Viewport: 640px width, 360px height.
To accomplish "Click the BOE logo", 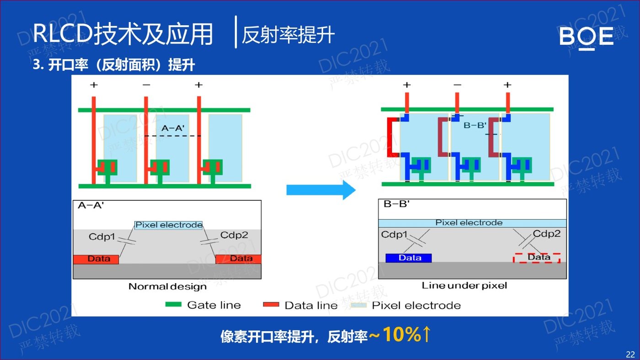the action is tap(586, 37).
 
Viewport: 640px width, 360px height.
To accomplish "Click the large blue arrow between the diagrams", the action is tap(321, 190).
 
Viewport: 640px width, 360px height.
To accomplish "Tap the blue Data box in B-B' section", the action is tap(409, 258).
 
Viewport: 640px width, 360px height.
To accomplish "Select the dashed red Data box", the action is tap(537, 258).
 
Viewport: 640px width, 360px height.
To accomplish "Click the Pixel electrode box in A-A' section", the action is tap(169, 225).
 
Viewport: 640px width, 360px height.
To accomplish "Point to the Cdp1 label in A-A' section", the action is tap(101, 236).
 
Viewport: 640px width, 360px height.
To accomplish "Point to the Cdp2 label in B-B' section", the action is tap(547, 234).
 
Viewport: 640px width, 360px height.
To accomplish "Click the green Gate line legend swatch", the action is tap(173, 305).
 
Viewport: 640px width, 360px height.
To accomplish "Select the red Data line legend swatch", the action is tap(271, 305).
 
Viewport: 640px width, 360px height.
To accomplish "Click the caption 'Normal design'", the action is tap(167, 286).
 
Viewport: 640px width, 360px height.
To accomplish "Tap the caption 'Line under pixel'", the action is tap(464, 285).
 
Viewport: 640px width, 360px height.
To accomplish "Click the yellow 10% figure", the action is tap(401, 334).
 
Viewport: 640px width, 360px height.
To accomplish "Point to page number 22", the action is tap(630, 354).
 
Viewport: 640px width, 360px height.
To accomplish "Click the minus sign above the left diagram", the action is tap(146, 85).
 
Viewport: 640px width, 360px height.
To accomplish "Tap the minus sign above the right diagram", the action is tap(457, 85).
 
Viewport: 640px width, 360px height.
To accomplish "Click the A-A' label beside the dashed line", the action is tap(173, 128).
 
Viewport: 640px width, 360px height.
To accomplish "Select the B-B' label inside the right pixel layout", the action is tap(475, 125).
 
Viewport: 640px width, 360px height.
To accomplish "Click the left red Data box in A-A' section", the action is tap(96, 259).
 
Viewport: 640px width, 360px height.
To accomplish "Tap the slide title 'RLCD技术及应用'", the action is tap(123, 34).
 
